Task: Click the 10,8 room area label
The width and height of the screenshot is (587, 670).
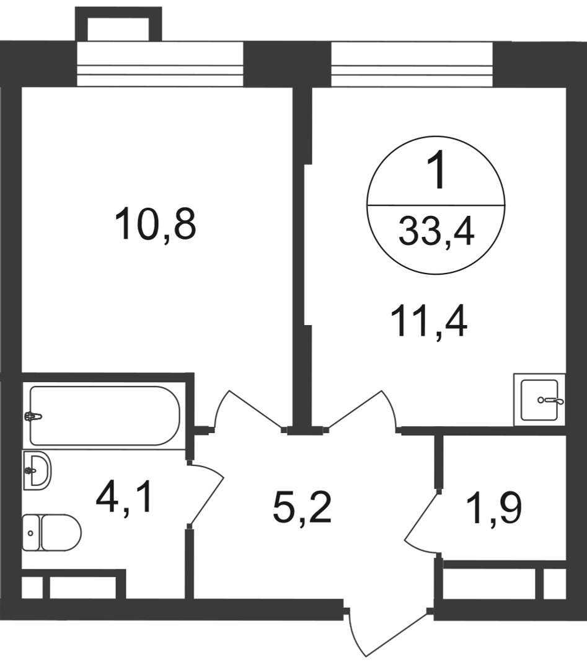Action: point(156,224)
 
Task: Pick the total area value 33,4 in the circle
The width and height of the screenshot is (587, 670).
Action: point(436,233)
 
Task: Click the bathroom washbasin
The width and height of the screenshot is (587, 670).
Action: point(37,470)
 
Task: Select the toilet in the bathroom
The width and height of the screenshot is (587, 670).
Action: point(51,532)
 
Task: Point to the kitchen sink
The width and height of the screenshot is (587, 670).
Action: point(540,400)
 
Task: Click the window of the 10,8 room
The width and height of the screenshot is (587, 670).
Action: point(160,64)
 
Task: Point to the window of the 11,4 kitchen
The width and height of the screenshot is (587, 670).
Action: point(412,64)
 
